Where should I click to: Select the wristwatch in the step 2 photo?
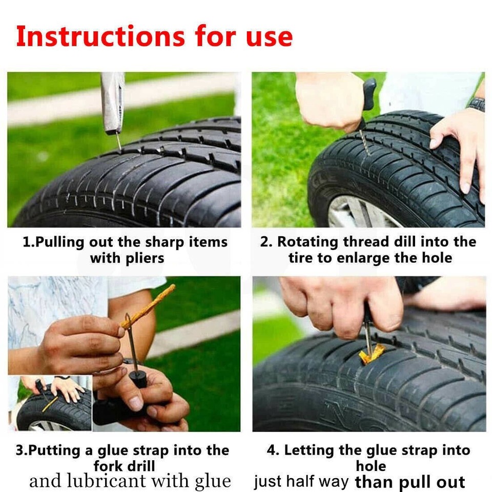(477, 104)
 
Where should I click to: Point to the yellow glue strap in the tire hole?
(371, 354)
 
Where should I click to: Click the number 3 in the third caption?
(19, 450)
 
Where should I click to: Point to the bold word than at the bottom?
(376, 482)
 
